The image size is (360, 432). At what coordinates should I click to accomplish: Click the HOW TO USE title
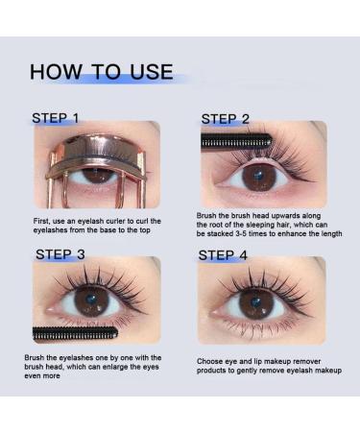click(101, 71)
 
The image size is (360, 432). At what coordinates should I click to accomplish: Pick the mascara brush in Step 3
click(77, 333)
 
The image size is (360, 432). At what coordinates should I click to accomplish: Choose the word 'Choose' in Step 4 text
click(210, 361)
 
